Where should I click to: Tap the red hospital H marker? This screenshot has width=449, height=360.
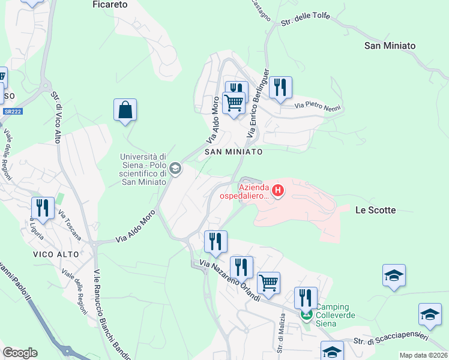tap(278, 191)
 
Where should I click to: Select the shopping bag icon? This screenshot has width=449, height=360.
tap(125, 110)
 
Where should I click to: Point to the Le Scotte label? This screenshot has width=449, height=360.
tap(375, 210)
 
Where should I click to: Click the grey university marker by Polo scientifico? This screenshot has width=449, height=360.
tap(175, 169)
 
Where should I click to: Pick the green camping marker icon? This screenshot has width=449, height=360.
tap(307, 314)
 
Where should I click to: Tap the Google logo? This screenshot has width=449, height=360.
tap(20, 353)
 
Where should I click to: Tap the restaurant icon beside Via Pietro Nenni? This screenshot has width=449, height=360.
tap(280, 88)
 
